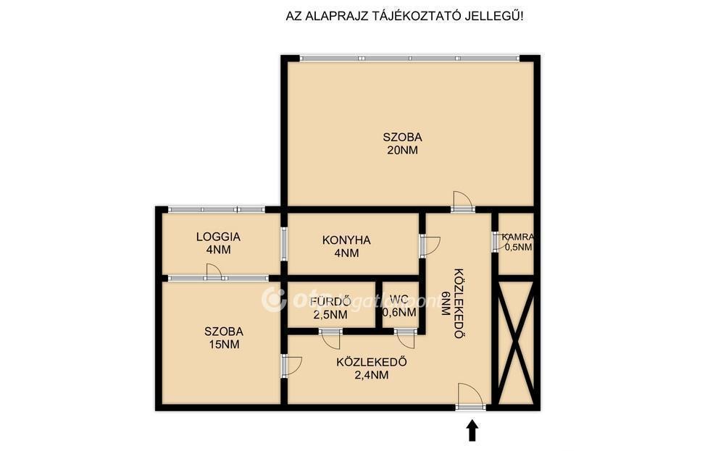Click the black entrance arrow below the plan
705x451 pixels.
(472, 431)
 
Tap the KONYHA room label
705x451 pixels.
(346, 240)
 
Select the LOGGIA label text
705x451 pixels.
(219, 237)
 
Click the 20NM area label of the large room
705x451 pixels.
(402, 150)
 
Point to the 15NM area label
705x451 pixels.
(224, 345)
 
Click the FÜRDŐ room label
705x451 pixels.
(330, 301)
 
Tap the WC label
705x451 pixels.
(399, 299)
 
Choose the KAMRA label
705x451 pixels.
(518, 237)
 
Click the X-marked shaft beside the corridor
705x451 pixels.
(517, 342)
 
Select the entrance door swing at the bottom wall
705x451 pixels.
(470, 396)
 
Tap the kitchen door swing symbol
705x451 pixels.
(431, 245)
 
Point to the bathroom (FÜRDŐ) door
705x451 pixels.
(332, 339)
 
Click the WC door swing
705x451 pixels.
(405, 339)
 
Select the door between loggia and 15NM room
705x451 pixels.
(214, 272)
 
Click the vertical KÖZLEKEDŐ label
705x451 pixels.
(459, 303)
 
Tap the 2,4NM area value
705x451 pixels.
(372, 375)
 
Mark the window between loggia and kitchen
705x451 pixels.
(284, 243)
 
